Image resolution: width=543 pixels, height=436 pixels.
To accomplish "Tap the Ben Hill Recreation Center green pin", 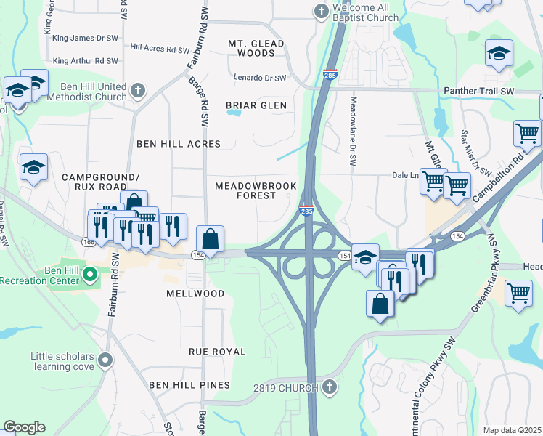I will [x=90, y=275].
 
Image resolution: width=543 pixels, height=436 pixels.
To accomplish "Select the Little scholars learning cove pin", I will [x=106, y=360].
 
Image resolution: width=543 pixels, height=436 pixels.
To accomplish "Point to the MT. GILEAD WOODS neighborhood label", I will [x=256, y=49].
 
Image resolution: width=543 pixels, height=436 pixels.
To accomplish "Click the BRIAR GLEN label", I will [x=256, y=105].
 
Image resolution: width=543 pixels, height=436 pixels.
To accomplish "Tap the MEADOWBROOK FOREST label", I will [x=256, y=191].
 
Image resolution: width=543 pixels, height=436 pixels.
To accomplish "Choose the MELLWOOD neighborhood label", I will [x=195, y=294].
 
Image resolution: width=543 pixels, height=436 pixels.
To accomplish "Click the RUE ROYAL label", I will [x=217, y=352].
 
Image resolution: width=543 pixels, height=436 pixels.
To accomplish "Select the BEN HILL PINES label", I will [x=189, y=384].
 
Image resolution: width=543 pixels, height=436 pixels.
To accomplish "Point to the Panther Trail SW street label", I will [x=479, y=91].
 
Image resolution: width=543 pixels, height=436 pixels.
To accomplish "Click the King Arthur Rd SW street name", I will [x=86, y=61].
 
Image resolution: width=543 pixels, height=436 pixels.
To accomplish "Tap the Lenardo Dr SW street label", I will [x=260, y=78].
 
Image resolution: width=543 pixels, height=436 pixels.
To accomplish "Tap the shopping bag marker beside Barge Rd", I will [x=210, y=238].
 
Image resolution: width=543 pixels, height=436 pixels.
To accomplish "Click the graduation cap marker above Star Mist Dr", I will [x=499, y=54].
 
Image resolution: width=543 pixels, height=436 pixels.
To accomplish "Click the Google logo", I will [x=24, y=427].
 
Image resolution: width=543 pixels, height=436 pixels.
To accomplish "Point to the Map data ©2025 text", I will [x=512, y=430].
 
